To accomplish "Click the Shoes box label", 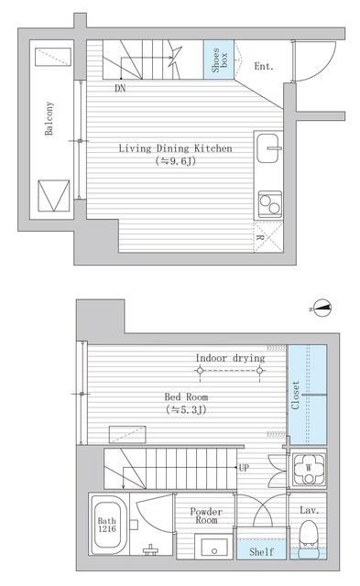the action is pos(219,60).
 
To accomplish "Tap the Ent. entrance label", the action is pos(264,67).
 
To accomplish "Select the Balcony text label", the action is pos(49,118).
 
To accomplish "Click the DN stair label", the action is pos(120,88).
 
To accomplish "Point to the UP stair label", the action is pos(244,467).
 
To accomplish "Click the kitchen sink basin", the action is pos(267,148).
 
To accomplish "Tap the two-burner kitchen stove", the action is pos(270,204).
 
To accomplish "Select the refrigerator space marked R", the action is pos(268,237).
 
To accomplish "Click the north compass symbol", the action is pos(322,309).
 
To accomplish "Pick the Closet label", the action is pos(295,395).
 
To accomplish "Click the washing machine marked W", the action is pos(309,468).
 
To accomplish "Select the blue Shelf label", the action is pos(261,551).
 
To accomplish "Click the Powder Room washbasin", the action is pos(213,548).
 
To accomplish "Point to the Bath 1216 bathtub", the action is pos(107,525).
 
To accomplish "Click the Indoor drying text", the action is pos(230,358).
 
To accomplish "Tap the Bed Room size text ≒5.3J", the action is pos(186,409).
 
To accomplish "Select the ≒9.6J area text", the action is pos(176,161).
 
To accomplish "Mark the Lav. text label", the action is pos(310,510).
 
